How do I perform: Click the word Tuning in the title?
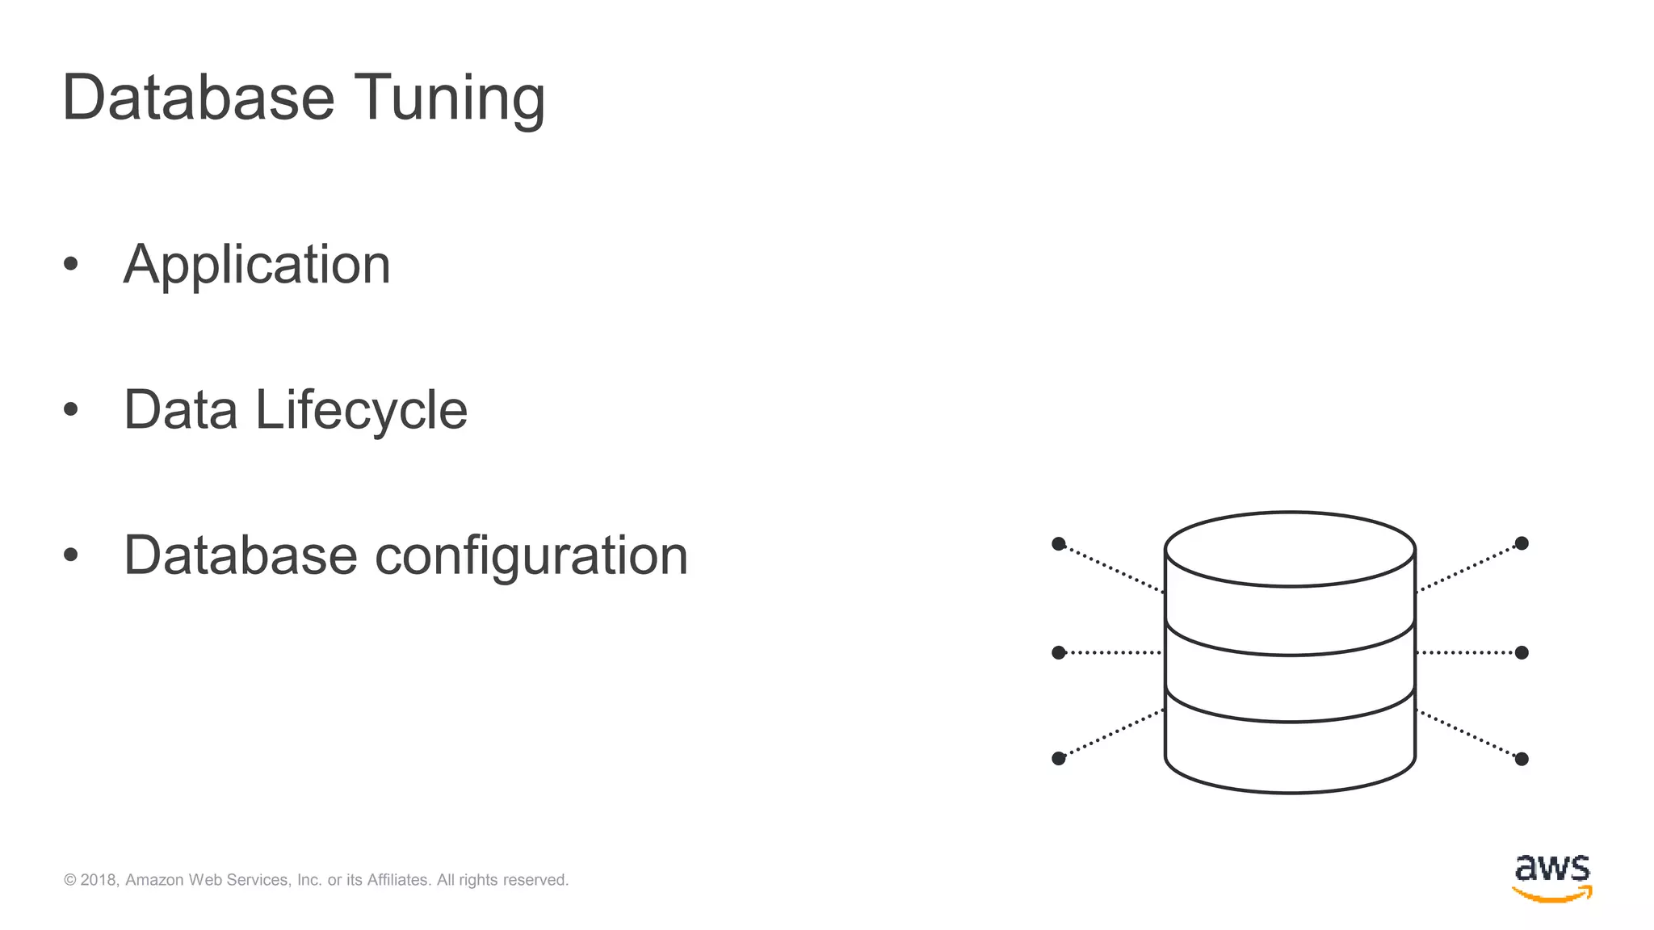click(449, 98)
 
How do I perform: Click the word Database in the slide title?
click(198, 98)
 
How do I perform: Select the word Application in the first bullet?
click(257, 265)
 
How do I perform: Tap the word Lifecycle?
click(361, 410)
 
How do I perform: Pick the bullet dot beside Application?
click(71, 264)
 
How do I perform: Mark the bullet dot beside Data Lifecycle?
click(71, 409)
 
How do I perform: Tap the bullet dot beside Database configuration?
click(71, 555)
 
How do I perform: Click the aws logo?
click(1551, 878)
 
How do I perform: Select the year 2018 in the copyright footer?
click(99, 880)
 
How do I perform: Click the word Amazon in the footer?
click(154, 880)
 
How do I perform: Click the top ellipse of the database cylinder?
click(1290, 549)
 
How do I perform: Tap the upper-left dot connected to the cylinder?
click(1059, 544)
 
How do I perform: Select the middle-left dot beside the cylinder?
click(1059, 652)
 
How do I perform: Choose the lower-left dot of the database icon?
click(1059, 758)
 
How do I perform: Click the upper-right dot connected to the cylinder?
click(1522, 543)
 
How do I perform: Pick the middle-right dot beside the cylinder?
click(1522, 652)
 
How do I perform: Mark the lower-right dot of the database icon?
click(1522, 759)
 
